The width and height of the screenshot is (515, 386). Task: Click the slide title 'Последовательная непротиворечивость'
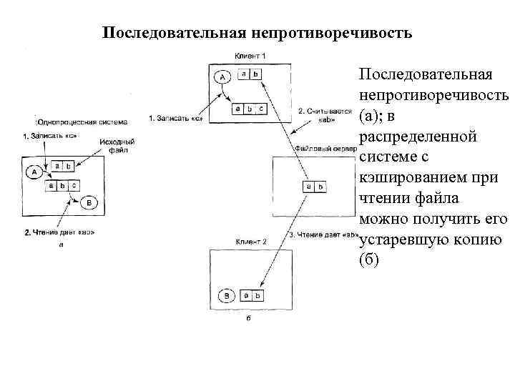[x=257, y=33]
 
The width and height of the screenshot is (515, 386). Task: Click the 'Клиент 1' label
[x=250, y=56]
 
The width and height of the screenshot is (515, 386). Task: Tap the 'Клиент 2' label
[x=250, y=242]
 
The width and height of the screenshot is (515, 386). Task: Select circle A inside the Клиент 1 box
[x=222, y=76]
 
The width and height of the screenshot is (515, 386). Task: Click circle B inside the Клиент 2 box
[x=227, y=294]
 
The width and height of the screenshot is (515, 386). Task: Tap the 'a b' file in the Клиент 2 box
[x=250, y=294]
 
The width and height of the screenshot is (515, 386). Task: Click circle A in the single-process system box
[x=32, y=172]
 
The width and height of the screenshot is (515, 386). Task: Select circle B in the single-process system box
[x=89, y=202]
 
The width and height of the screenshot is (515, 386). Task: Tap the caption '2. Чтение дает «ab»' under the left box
[x=60, y=232]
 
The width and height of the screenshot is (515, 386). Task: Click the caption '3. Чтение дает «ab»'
[x=322, y=235]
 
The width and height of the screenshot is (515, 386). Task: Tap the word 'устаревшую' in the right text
[x=403, y=239]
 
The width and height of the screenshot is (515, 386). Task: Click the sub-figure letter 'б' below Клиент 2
[x=247, y=320]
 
